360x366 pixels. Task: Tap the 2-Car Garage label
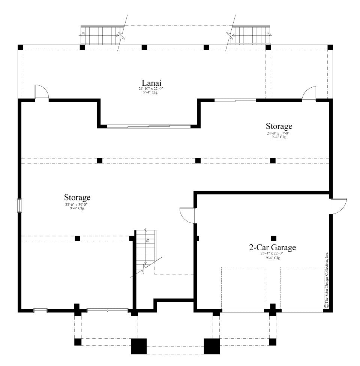click(273, 247)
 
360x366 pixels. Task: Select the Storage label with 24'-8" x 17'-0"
click(279, 126)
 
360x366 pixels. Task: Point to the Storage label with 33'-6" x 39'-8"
click(77, 197)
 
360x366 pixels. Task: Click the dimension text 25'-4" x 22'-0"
click(273, 254)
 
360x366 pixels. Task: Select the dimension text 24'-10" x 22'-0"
click(151, 89)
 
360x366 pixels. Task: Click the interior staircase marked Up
click(145, 249)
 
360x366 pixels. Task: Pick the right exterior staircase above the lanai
click(250, 36)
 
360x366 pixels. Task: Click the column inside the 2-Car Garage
click(273, 238)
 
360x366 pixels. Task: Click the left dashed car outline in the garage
click(243, 287)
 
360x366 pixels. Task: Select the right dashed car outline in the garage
click(302, 287)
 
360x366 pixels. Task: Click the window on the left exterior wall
click(20, 206)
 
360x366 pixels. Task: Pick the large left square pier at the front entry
click(138, 346)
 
